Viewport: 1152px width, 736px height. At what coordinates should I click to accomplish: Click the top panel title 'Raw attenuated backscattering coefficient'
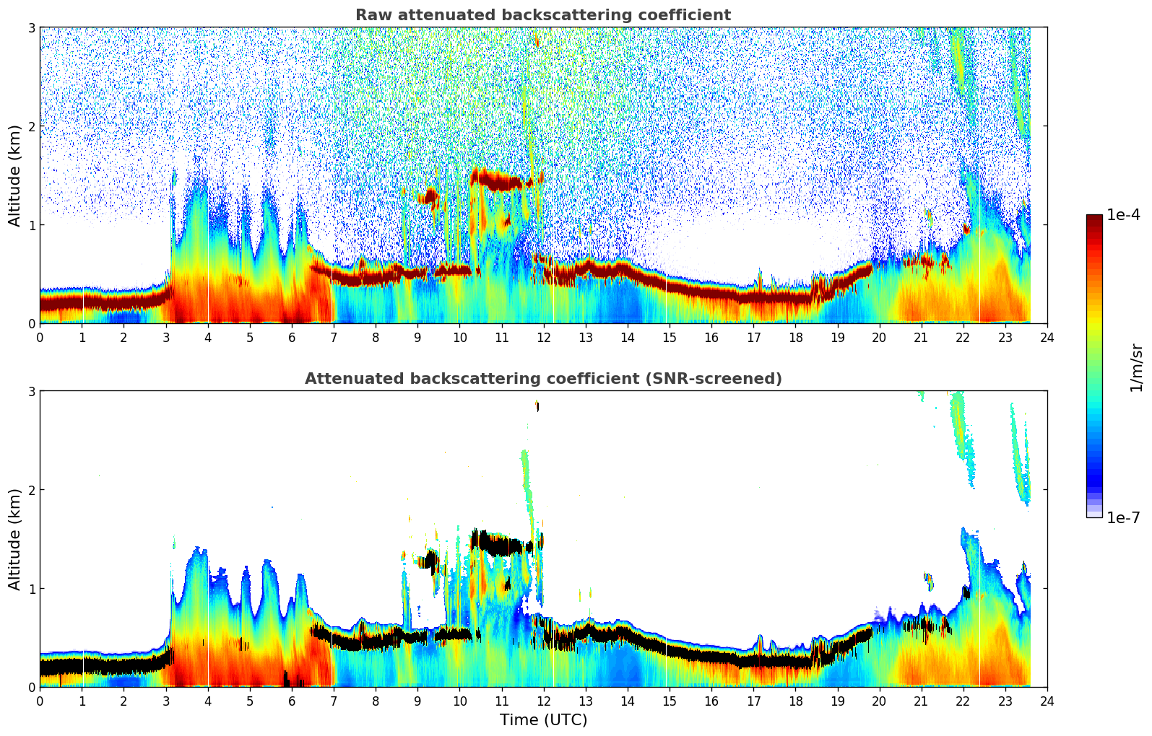point(542,15)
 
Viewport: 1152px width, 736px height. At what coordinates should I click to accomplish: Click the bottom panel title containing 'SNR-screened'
point(542,379)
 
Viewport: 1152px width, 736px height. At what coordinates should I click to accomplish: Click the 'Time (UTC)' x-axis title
point(543,719)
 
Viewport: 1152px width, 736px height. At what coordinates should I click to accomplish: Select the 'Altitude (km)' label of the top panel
point(15,175)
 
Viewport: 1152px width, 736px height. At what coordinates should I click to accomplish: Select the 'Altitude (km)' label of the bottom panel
point(15,539)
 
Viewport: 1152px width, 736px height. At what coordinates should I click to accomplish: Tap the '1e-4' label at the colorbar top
point(1123,215)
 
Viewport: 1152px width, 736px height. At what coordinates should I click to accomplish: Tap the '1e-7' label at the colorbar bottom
point(1123,517)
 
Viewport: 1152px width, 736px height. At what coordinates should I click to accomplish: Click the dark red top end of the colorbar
point(1093,218)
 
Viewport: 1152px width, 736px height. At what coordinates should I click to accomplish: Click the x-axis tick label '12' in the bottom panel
point(543,701)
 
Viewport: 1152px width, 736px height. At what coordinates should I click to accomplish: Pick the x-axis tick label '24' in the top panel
point(1047,337)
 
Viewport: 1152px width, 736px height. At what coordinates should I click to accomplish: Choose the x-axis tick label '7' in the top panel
point(334,337)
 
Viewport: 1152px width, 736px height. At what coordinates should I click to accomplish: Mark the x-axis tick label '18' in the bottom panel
point(795,701)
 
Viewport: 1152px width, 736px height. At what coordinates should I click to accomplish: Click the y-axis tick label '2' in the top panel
point(32,126)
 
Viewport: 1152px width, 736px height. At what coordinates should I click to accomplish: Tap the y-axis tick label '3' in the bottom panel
point(32,391)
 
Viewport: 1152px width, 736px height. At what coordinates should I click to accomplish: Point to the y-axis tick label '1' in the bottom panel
point(32,588)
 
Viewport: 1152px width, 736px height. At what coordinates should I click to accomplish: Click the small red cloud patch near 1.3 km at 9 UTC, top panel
point(431,196)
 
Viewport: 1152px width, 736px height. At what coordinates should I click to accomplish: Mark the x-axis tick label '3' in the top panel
point(166,337)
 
